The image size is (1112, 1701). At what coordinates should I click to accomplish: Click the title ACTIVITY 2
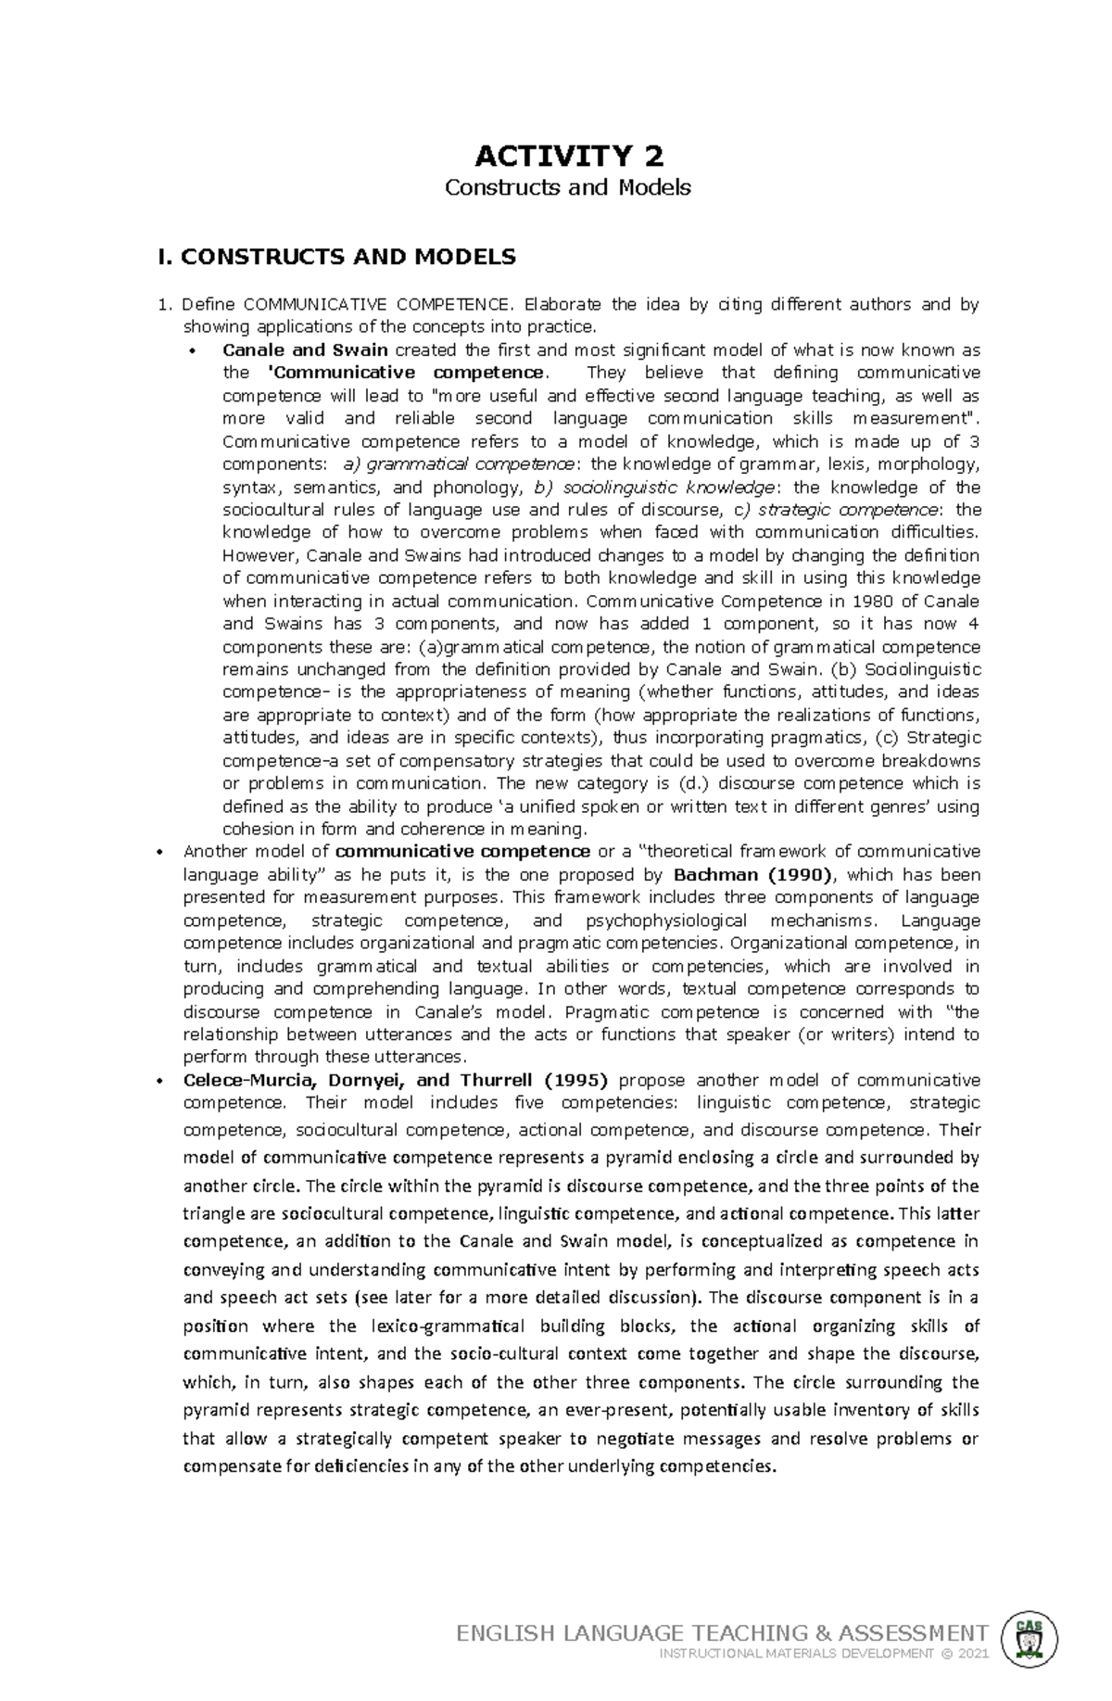click(x=568, y=154)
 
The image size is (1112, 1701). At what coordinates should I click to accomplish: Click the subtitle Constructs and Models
click(x=568, y=187)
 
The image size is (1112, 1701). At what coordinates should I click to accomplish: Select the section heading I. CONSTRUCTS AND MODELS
click(x=336, y=257)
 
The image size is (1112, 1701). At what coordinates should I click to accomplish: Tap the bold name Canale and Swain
click(x=305, y=350)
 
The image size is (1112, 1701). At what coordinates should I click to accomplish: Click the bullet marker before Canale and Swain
click(x=193, y=351)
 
